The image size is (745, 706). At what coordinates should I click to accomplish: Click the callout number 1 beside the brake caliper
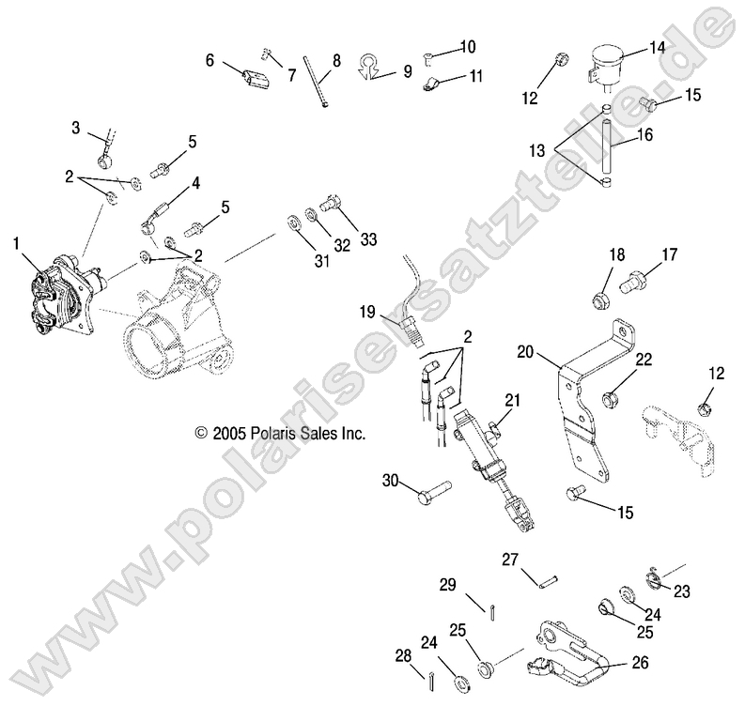16,243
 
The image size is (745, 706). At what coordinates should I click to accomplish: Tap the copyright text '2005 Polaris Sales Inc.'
279,434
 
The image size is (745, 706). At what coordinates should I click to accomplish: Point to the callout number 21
511,402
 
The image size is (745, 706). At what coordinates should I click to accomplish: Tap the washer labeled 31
293,223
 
